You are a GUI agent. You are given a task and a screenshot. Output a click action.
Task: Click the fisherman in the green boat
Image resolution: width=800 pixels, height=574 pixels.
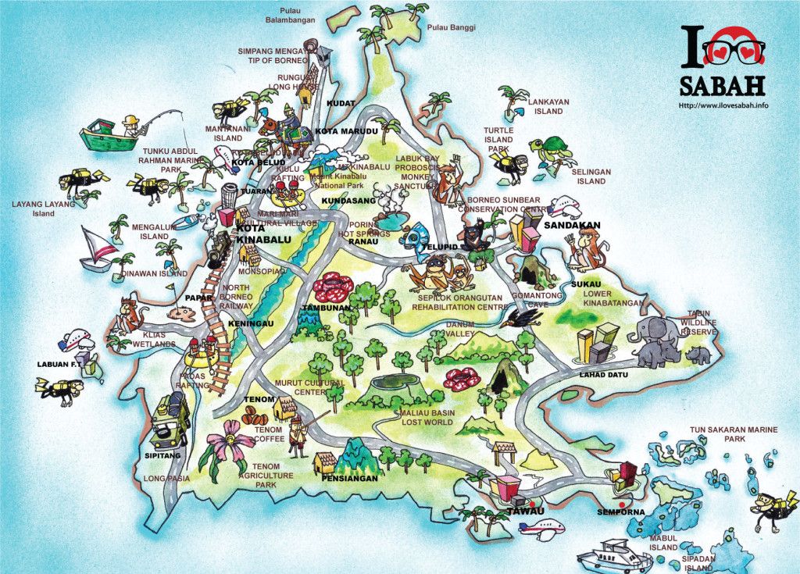pyautogui.click(x=129, y=123)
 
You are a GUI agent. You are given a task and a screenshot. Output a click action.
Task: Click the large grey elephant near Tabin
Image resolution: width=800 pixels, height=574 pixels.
pyautogui.click(x=655, y=332)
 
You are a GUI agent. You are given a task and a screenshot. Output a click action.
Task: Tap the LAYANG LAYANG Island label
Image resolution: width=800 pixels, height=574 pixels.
pyautogui.click(x=43, y=209)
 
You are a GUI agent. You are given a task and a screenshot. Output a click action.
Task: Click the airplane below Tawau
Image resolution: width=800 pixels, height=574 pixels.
pyautogui.click(x=541, y=530)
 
